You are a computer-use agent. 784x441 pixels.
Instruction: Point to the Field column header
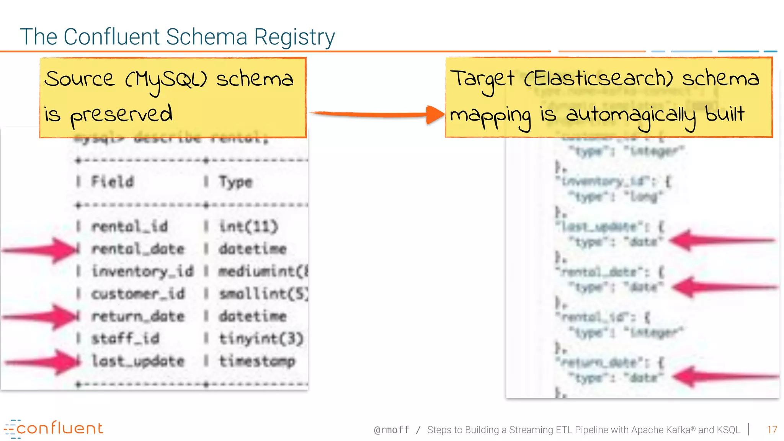[x=113, y=181]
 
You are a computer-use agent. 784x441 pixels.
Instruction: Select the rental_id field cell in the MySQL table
[x=130, y=227]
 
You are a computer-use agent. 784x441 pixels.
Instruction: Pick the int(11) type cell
[x=248, y=227]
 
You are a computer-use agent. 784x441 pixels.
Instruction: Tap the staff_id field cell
[x=125, y=338]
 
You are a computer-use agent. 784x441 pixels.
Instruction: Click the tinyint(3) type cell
[x=261, y=338]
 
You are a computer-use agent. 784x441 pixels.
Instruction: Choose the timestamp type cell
[x=257, y=361]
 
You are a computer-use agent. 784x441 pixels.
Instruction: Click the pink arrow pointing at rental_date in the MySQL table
[x=40, y=250]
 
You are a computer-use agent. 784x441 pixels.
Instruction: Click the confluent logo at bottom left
[x=54, y=429]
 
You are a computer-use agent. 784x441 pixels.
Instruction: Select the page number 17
[x=772, y=430]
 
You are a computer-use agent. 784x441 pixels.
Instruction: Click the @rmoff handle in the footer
[x=391, y=430]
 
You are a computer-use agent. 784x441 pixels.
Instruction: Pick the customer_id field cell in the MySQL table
[x=138, y=294]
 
